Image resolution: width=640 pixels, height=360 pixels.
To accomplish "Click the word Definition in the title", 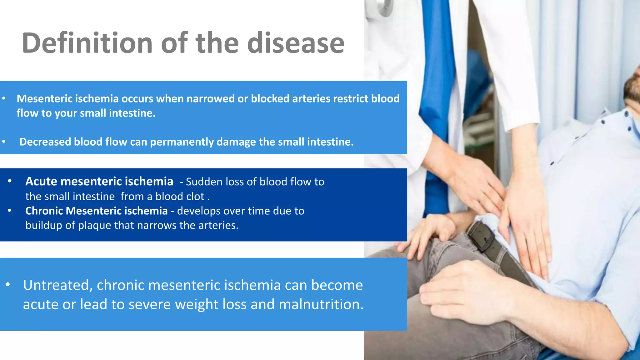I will pyautogui.click(x=87, y=43).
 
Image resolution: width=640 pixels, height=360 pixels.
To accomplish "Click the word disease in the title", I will pyautogui.click(x=296, y=43).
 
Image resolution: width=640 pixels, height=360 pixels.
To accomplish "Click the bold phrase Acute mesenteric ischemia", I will pyautogui.click(x=99, y=182).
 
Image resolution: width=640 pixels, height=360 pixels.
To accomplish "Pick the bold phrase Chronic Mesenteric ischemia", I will pyautogui.click(x=96, y=211).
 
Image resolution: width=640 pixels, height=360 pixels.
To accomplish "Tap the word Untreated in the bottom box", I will pyautogui.click(x=58, y=285).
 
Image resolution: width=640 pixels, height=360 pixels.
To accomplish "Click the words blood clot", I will pyautogui.click(x=180, y=197).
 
